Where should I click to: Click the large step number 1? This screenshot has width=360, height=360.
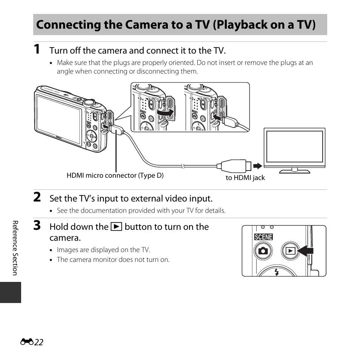[37, 49]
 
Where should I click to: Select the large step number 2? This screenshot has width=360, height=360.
[37, 197]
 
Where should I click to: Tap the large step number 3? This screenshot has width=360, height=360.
[37, 226]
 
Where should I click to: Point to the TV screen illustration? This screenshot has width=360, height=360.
[294, 147]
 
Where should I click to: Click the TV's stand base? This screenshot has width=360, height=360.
[294, 171]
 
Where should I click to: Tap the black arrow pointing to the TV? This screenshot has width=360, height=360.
[257, 166]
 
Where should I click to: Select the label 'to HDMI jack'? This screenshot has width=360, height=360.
[245, 178]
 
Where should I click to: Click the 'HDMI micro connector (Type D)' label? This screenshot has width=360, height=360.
[115, 175]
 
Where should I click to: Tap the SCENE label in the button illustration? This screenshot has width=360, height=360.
[263, 237]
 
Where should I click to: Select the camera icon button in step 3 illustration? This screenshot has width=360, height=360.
[263, 251]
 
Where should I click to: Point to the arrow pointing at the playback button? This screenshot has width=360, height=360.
[305, 250]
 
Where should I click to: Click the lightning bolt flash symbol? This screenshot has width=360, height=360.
[277, 272]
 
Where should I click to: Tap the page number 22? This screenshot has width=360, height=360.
[38, 342]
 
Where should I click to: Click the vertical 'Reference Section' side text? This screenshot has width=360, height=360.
[15, 248]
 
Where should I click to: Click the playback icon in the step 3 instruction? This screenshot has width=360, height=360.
[116, 227]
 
